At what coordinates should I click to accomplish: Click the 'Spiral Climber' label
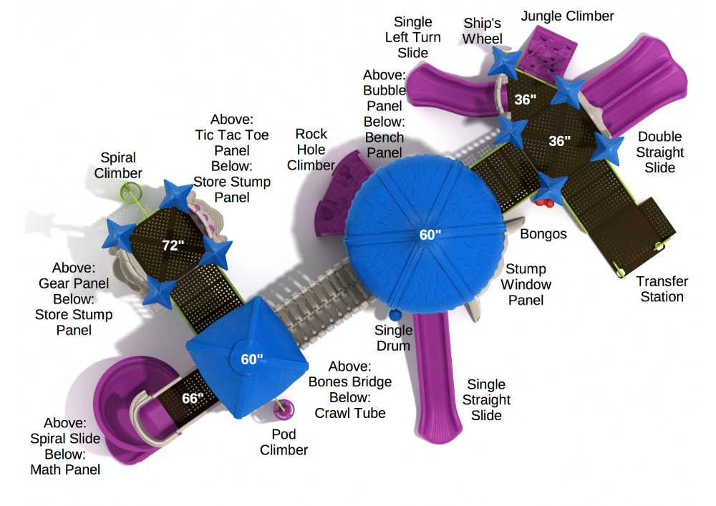tap(118, 165)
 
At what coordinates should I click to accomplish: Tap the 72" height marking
tap(173, 245)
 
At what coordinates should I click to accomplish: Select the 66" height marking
tap(193, 398)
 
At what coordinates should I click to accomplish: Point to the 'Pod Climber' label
tap(284, 442)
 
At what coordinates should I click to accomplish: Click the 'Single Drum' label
tap(394, 338)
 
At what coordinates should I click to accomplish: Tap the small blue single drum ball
tap(395, 314)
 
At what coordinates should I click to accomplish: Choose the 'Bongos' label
tap(543, 234)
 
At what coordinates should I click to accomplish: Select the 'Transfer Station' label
tap(662, 289)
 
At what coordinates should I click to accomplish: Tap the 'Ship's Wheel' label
tap(483, 31)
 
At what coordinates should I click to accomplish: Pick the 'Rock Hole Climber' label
tap(311, 150)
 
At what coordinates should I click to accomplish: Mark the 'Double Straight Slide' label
tap(659, 152)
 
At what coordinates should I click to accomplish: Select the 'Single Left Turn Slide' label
tap(413, 37)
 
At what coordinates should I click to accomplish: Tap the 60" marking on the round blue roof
tap(430, 234)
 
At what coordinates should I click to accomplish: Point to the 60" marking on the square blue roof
tap(251, 359)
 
